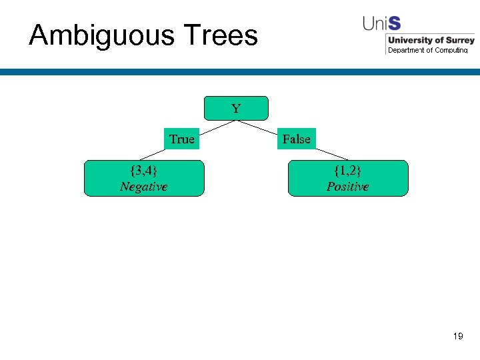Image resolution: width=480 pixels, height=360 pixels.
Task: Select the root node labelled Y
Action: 236,108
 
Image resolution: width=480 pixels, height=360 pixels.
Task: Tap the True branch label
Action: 181,139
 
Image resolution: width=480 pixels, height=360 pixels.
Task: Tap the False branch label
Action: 296,139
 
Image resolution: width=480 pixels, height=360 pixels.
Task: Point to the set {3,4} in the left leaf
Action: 143,171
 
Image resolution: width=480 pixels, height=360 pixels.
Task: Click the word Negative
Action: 143,187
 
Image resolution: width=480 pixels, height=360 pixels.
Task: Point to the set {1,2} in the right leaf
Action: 347,171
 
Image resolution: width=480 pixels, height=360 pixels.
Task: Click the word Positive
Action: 347,187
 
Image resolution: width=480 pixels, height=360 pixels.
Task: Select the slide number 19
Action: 457,337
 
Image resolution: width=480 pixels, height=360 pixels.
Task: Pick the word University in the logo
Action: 410,41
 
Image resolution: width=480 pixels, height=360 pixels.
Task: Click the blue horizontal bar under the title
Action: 240,72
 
